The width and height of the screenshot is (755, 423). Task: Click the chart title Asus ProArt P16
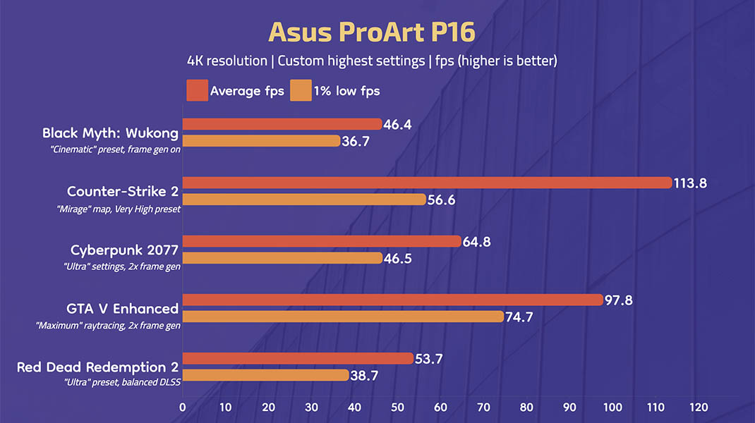pos(372,32)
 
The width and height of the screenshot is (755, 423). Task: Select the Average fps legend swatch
pos(197,91)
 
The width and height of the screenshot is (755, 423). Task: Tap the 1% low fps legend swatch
pos(301,91)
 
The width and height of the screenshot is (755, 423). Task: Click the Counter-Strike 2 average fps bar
pos(426,183)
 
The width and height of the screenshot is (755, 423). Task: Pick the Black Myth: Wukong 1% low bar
pos(261,141)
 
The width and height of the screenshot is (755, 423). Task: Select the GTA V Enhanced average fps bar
pos(392,300)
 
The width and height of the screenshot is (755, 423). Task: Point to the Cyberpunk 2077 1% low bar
pos(282,258)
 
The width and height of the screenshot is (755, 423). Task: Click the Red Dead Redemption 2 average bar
pos(298,358)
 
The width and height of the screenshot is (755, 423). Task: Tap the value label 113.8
pos(691,183)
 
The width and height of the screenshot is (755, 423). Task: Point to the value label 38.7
pos(364,376)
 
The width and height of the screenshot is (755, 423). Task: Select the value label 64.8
pos(476,242)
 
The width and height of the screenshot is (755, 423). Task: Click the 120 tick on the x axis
pos(699,407)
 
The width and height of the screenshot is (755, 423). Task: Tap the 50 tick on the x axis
pos(397,407)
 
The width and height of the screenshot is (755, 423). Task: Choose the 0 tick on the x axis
pos(183,407)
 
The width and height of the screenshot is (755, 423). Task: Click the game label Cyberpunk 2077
pos(124,250)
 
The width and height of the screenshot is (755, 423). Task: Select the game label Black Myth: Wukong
pos(110,133)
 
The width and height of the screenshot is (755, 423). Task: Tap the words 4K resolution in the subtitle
pos(227,61)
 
